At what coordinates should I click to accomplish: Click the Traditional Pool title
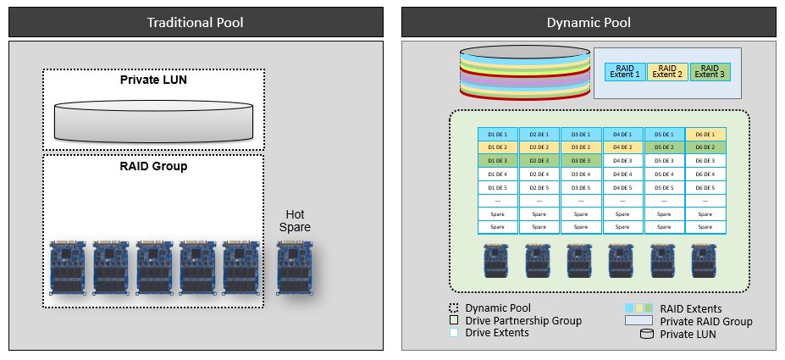pos(195,22)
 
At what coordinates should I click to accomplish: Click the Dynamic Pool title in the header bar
pos(588,22)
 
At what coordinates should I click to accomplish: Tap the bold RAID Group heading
pos(153,166)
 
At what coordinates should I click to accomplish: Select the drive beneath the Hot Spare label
pos(295,267)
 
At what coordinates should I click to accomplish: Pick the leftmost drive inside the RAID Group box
pos(69,267)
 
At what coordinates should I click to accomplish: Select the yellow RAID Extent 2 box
pos(669,72)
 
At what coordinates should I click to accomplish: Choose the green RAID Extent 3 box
pos(710,72)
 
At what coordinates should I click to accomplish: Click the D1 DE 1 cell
pos(497,135)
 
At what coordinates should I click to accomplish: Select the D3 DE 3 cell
pos(581,160)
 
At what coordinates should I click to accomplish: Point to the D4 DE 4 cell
pos(622,174)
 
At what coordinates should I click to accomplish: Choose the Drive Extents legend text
pos(503,333)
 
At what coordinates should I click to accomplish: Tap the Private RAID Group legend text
pos(706,321)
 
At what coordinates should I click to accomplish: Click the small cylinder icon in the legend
pos(646,335)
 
